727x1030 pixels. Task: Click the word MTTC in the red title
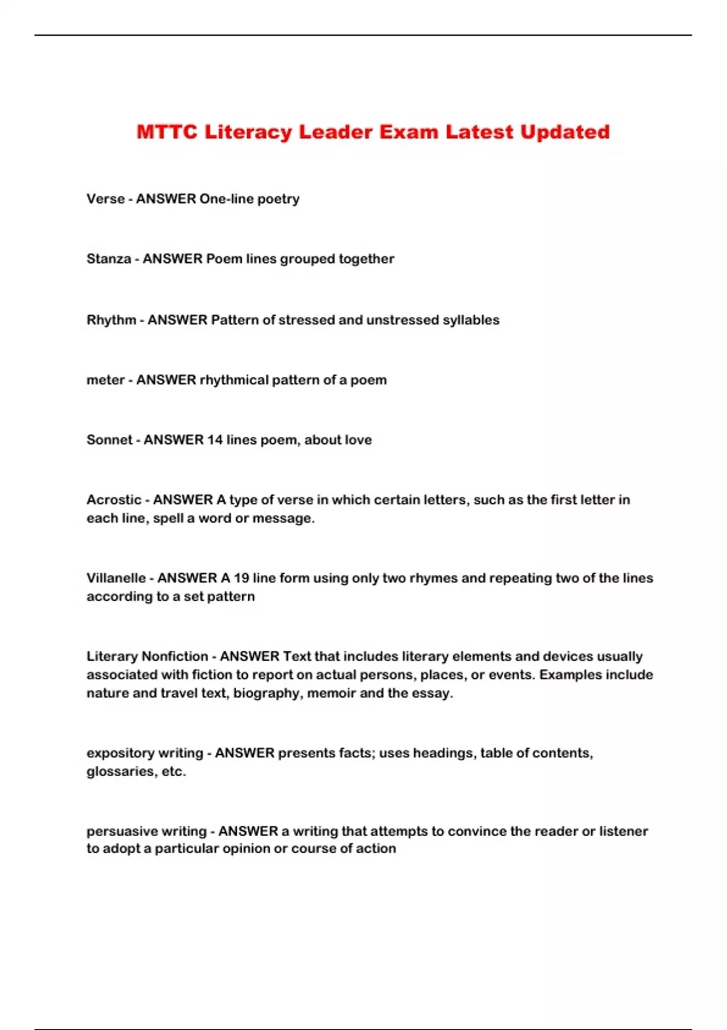(167, 132)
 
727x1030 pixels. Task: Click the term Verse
(105, 199)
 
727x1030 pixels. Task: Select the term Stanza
(108, 259)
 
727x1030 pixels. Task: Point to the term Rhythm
(111, 320)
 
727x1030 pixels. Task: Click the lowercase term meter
(105, 380)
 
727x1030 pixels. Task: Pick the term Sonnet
(109, 440)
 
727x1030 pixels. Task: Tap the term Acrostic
(114, 500)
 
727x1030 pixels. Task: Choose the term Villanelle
(116, 578)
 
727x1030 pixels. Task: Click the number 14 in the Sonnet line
(215, 440)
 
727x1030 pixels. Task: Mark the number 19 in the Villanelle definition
(241, 578)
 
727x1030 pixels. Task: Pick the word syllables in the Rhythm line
(471, 320)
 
